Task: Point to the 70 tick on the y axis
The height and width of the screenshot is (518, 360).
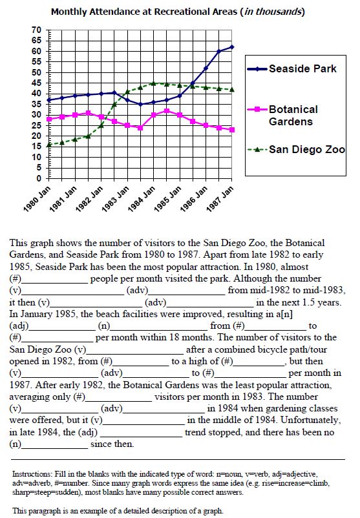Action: coord(37,30)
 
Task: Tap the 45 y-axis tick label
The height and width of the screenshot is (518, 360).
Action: coord(37,83)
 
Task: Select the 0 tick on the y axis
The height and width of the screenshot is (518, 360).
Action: coord(39,178)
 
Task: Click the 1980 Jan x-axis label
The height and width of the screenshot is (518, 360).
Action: coord(37,198)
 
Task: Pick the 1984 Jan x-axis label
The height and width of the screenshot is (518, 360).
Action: coord(142,198)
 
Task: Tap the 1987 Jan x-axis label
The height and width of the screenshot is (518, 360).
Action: coord(220,198)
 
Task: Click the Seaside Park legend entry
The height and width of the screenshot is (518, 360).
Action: coord(292,68)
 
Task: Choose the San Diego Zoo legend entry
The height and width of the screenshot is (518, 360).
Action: coord(296,149)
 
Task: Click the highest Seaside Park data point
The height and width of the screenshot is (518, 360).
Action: coord(232,47)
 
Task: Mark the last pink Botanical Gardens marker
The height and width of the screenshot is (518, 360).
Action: coord(232,130)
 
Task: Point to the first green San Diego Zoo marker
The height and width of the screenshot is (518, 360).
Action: coord(49,145)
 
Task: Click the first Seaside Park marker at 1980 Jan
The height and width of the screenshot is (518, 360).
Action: coord(49,99)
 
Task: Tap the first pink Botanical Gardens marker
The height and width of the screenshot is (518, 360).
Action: coord(49,119)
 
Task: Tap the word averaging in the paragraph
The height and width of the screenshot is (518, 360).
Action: coord(29,397)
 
